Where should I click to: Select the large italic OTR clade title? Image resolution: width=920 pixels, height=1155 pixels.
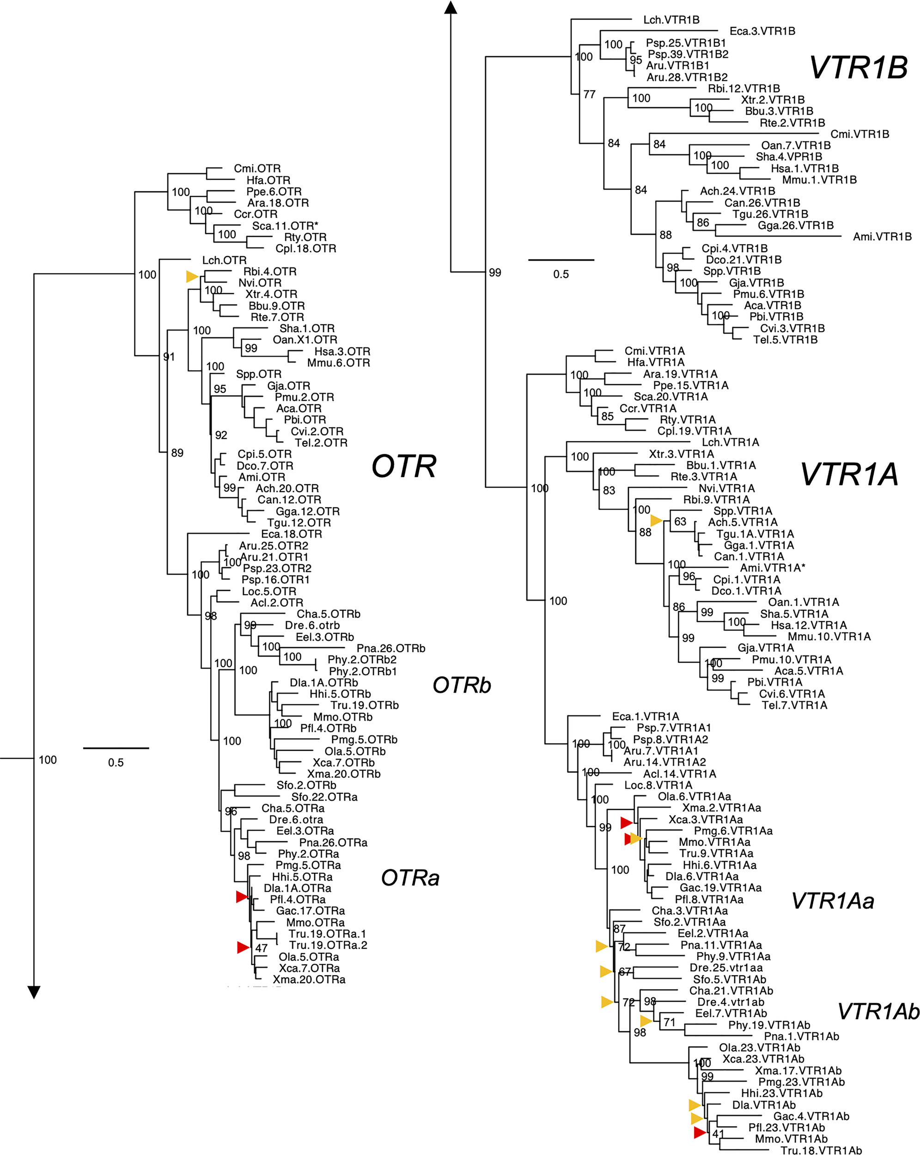[403, 466]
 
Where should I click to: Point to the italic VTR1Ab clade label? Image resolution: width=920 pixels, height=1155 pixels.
[878, 1011]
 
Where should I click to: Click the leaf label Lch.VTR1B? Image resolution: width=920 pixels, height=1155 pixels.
[671, 20]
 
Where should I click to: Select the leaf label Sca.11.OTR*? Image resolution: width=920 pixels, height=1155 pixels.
[285, 225]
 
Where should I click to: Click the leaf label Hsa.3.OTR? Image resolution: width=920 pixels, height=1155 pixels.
[342, 352]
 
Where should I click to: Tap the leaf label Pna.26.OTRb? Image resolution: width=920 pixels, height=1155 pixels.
[390, 648]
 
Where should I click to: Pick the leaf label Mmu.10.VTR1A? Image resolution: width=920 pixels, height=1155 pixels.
[829, 637]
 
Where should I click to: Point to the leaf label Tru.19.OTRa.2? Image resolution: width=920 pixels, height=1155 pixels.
[328, 945]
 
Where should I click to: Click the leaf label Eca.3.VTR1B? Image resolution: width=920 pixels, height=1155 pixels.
[762, 31]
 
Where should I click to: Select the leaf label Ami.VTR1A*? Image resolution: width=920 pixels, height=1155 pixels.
[773, 568]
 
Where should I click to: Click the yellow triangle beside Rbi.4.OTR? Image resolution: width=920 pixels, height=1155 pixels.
[192, 276]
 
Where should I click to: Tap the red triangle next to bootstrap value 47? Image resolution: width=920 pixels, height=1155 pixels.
[243, 947]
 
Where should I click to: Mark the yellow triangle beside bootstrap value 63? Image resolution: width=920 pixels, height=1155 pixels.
[656, 520]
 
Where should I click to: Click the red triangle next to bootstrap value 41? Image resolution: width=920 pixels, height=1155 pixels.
[699, 1132]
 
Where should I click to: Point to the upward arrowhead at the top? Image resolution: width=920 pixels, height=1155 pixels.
[451, 7]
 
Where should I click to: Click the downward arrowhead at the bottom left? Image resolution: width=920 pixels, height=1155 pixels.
[34, 992]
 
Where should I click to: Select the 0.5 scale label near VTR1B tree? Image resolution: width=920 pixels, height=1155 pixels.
[561, 274]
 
